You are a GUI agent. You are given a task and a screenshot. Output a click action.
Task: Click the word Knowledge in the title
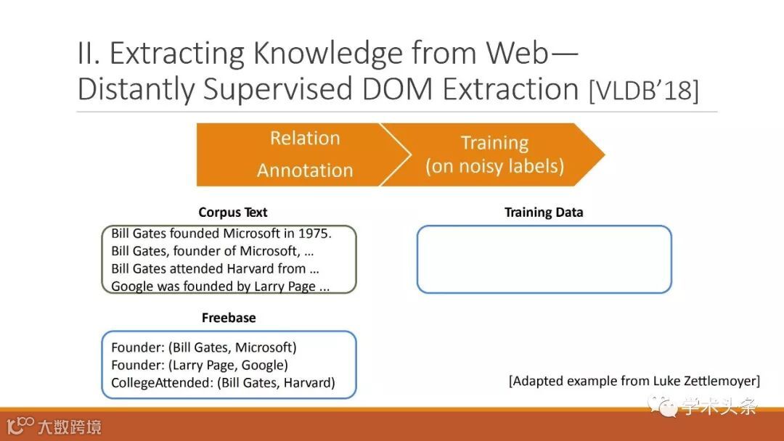327,54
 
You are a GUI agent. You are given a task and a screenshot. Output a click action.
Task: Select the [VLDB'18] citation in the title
643,91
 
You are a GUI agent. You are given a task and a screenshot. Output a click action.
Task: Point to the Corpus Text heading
232,213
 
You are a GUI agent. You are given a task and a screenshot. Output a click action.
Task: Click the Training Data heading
544,213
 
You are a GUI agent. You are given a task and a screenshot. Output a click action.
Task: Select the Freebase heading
229,318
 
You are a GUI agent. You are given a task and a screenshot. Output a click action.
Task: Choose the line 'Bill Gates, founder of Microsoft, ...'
212,251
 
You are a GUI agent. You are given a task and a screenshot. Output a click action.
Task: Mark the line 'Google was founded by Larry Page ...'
220,287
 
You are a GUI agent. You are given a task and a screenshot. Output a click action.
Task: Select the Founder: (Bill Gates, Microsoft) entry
203,347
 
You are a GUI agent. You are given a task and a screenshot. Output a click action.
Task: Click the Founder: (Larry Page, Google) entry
200,365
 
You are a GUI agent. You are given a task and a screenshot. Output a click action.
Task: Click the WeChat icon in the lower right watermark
663,405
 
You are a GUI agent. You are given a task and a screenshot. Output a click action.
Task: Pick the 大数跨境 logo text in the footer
70,427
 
